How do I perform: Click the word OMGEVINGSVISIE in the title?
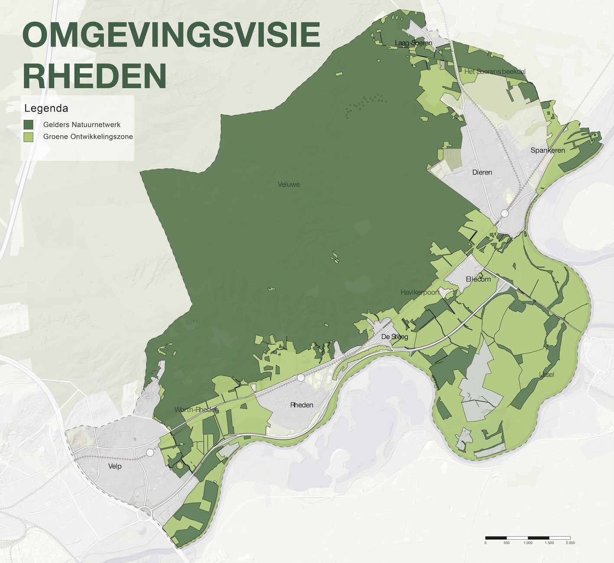pos(171,36)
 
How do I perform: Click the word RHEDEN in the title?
pos(94,75)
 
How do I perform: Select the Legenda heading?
pos(46,108)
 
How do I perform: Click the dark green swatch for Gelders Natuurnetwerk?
pos(29,125)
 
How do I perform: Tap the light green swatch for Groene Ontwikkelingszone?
pos(29,137)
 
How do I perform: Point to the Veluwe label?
pos(289,184)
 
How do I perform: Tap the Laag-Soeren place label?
pos(413,43)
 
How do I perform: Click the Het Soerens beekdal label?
pos(494,71)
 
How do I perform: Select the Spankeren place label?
pos(548,150)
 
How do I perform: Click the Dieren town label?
pos(482,172)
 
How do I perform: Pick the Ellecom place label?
pos(478,279)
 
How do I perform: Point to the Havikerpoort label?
pos(420,293)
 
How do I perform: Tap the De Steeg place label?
pos(394,337)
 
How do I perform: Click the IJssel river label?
pos(546,375)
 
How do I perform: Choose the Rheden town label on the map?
pos(302,405)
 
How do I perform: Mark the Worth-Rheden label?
pos(196,410)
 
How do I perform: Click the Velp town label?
pos(115,466)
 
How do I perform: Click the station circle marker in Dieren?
pos(505,214)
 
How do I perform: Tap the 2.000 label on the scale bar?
pos(570,543)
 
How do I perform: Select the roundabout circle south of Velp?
pos(145,514)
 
